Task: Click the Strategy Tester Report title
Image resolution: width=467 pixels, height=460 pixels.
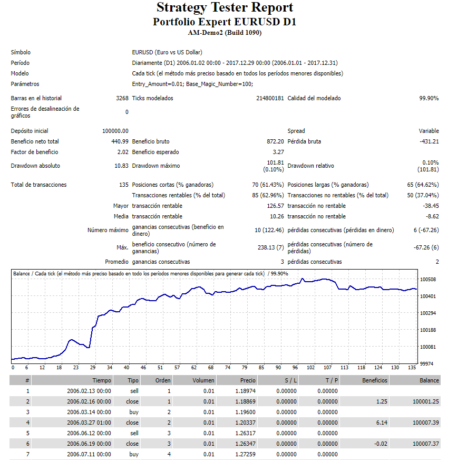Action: [225, 7]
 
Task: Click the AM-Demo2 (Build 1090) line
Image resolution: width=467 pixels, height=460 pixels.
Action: [225, 33]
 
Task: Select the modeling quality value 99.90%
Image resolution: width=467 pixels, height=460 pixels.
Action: [429, 98]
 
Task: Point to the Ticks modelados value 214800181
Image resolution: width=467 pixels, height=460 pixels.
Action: [270, 98]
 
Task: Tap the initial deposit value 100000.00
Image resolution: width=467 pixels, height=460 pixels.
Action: [115, 131]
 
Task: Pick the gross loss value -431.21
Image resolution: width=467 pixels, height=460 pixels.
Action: [429, 141]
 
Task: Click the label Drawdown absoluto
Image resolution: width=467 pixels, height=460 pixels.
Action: [35, 166]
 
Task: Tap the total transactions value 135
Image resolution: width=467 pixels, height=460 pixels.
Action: [124, 185]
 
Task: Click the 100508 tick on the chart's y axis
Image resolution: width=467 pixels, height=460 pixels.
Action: [428, 279]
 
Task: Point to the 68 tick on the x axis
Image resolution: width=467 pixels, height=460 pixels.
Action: [211, 368]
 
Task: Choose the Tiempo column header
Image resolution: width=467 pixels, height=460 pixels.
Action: [102, 380]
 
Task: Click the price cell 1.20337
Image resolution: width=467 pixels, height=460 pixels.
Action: [245, 423]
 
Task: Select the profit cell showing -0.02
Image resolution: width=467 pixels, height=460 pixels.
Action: [380, 444]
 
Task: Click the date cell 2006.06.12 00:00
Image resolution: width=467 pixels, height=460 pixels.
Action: [89, 433]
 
